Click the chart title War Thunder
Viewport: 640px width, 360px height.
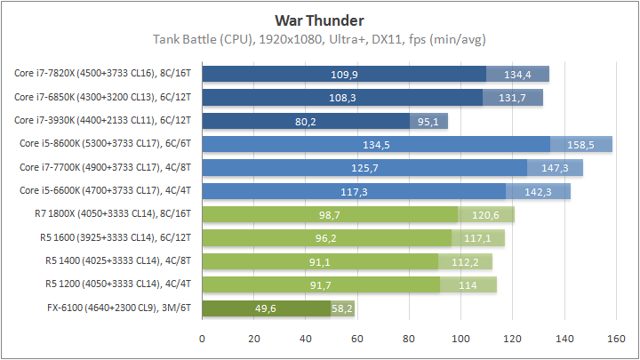coord(319,20)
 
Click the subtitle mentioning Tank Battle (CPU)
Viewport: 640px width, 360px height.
coord(319,39)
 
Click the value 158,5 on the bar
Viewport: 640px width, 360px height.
coord(581,144)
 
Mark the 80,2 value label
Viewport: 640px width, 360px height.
coord(306,121)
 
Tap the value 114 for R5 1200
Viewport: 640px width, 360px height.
coord(468,285)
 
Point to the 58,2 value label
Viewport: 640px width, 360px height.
coord(342,309)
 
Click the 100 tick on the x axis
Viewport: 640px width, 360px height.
coord(460,338)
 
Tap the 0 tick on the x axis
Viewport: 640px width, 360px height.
coord(203,338)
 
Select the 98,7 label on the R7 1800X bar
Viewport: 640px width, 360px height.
coord(330,215)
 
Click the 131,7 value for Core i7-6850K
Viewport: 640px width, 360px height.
coord(513,97)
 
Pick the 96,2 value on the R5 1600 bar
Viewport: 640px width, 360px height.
coord(327,238)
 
